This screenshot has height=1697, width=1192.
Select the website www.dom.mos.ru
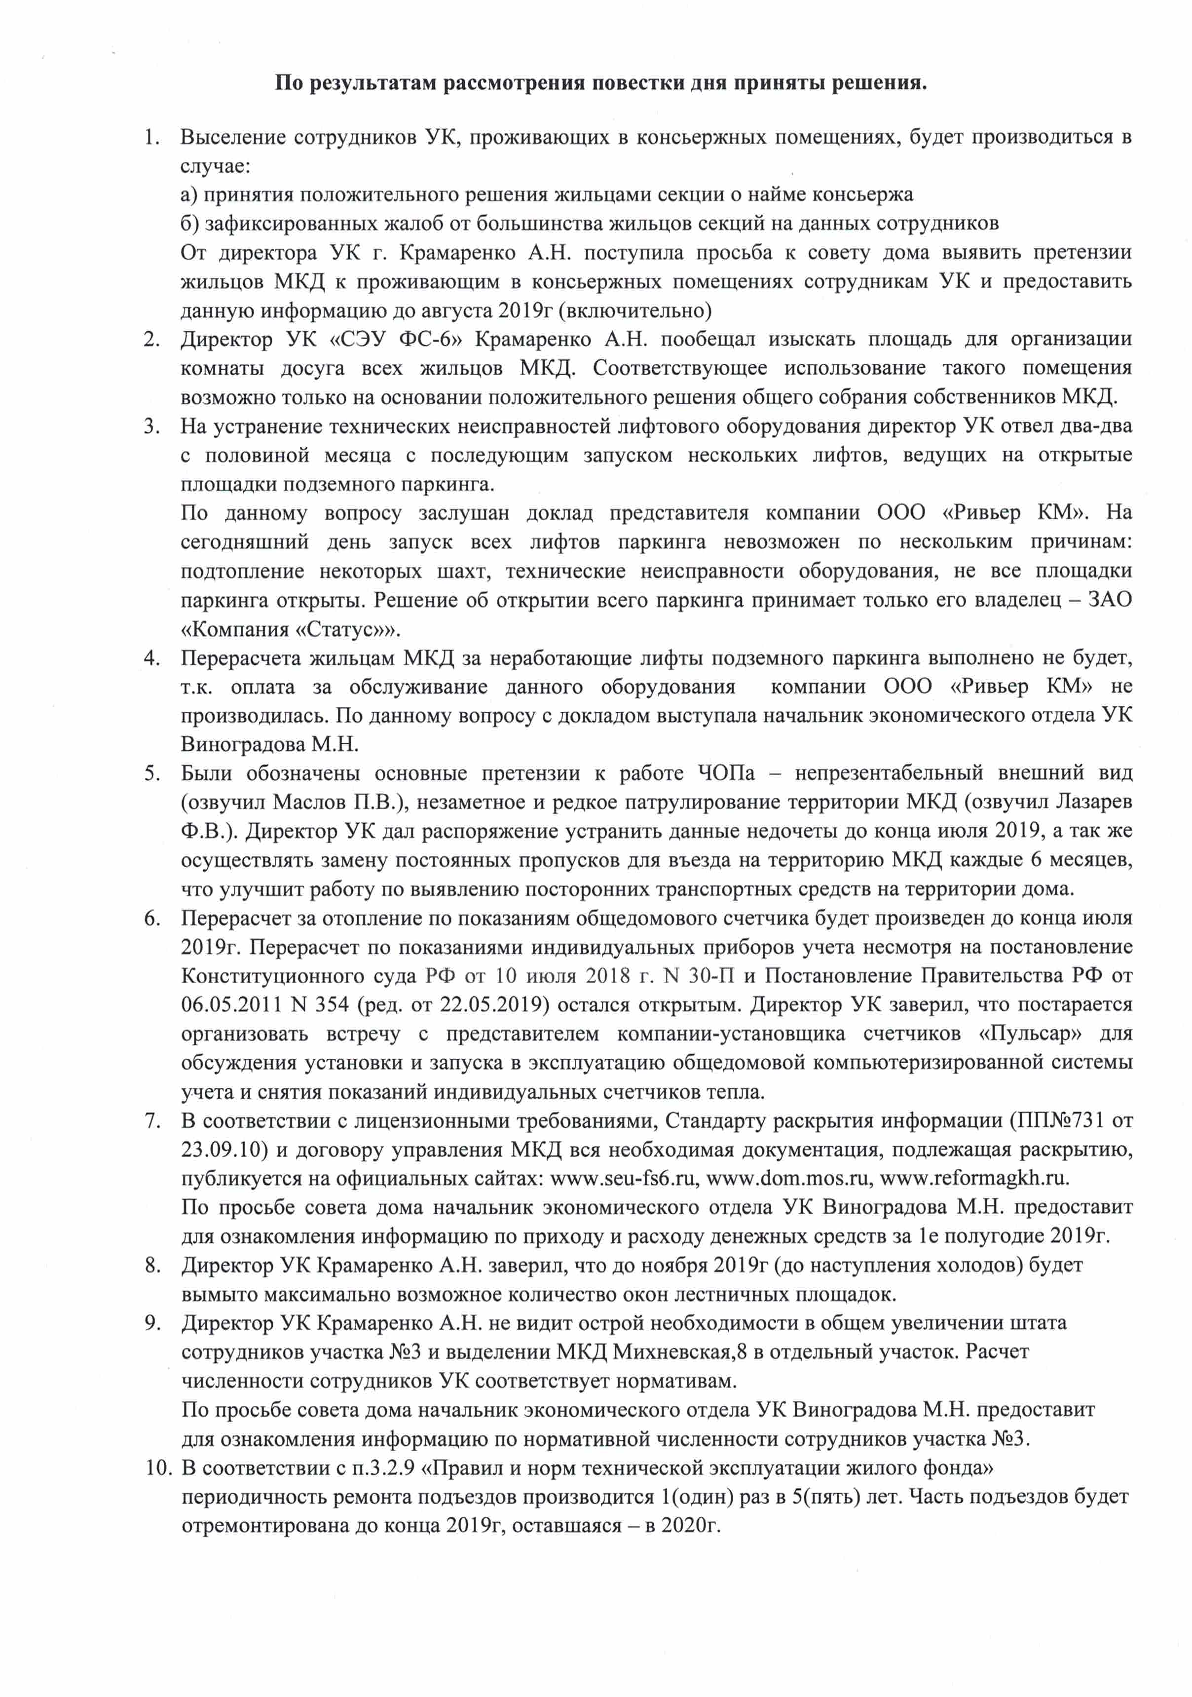coord(787,1178)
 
